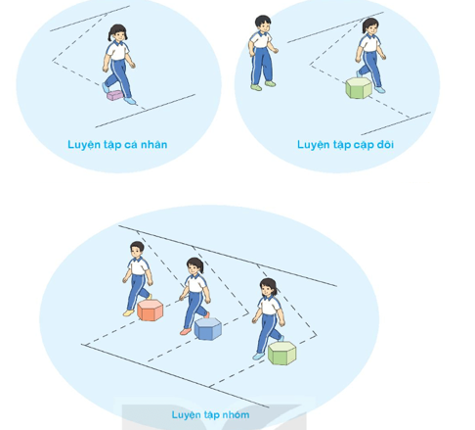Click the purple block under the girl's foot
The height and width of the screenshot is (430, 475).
click(115, 95)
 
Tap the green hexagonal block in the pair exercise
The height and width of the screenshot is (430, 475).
click(359, 88)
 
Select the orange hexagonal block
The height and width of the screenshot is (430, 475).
click(151, 311)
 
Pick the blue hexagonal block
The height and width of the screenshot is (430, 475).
click(208, 329)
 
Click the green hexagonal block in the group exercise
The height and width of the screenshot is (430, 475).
click(282, 354)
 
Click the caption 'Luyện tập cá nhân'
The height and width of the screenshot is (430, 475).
click(117, 145)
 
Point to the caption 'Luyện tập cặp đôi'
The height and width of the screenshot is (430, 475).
click(345, 145)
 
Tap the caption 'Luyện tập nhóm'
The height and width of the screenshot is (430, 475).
click(210, 415)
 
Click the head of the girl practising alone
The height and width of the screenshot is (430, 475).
click(117, 33)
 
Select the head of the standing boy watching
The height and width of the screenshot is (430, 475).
click(263, 24)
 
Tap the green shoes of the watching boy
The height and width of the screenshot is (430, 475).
click(263, 85)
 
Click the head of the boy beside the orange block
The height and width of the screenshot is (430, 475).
click(137, 250)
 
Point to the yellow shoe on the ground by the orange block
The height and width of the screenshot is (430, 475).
click(128, 312)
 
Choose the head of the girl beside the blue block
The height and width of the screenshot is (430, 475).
click(194, 266)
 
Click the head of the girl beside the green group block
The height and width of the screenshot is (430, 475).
click(269, 288)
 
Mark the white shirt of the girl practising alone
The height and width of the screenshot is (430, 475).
click(117, 50)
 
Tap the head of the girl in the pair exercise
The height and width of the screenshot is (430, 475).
click(370, 26)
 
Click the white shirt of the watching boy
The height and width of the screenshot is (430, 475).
click(260, 39)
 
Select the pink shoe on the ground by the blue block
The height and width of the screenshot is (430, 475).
click(186, 331)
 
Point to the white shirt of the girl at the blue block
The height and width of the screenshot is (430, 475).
click(195, 283)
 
